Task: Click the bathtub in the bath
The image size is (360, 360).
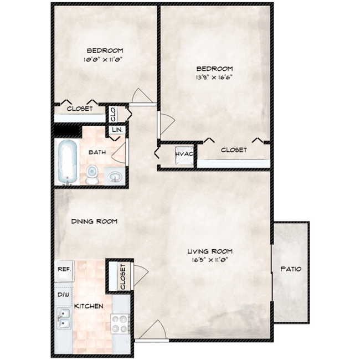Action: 66,162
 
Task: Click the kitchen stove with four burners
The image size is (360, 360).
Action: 120,323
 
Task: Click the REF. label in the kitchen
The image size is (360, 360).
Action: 63,270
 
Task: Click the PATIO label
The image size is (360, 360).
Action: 290,269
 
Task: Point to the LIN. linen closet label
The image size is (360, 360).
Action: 117,130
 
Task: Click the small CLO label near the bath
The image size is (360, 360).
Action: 113,114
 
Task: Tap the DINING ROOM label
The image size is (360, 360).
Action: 94,222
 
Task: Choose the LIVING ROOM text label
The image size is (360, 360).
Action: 209,250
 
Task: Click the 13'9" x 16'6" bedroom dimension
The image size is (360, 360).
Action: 213,78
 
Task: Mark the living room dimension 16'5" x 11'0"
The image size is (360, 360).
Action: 209,259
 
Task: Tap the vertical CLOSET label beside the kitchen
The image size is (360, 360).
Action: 122,276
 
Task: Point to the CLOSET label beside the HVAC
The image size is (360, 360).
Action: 234,150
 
